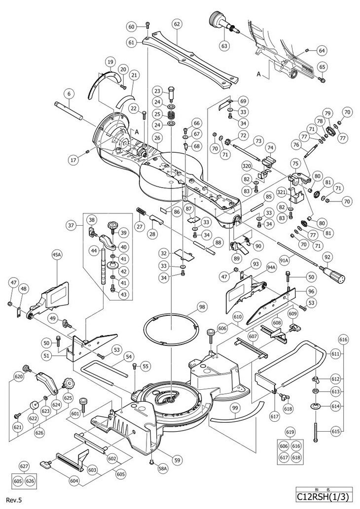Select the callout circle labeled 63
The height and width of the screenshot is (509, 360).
224,46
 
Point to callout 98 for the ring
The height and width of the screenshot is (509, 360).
202,307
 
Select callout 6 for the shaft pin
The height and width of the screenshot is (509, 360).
69,93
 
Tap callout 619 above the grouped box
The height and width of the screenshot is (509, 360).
292,432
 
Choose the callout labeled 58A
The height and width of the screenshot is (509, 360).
163,470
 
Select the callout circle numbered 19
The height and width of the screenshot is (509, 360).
110,62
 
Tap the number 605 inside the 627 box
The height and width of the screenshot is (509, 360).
18,480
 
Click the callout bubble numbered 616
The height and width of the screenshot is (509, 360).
343,339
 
